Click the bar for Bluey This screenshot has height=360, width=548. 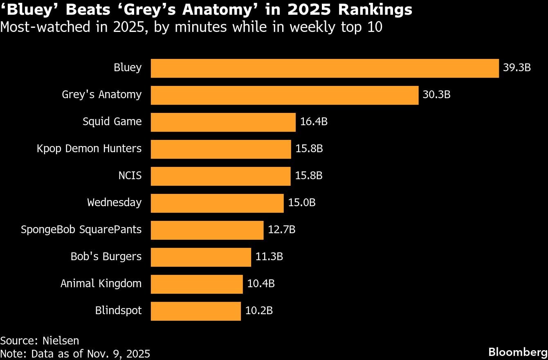tap(325, 68)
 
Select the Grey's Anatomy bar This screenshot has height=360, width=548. tap(285, 95)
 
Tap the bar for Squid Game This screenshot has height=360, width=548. tap(223, 122)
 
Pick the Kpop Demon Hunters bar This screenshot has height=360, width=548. tap(221, 149)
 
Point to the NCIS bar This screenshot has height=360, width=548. tap(221, 176)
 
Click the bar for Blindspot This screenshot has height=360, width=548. tap(195, 311)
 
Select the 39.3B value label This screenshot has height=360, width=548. tap(517, 68)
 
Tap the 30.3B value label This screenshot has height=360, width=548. tap(436, 95)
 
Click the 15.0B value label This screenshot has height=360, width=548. tap(302, 203)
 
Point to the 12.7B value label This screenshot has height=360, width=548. tap(281, 230)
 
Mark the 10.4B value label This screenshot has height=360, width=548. tap(261, 284)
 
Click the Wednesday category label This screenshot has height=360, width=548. tap(114, 203)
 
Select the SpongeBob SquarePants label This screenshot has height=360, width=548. tap(81, 230)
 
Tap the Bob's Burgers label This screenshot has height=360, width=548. tap(106, 257)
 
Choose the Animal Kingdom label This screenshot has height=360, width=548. tap(101, 284)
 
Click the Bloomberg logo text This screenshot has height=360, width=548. tap(518, 352)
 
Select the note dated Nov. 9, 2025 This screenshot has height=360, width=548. tap(75, 353)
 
